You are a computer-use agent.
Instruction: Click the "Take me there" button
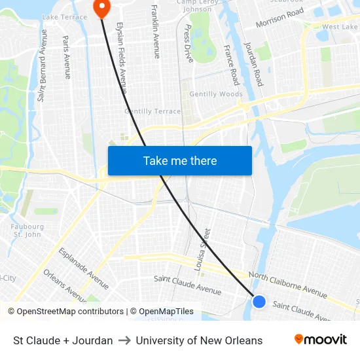click(x=180, y=160)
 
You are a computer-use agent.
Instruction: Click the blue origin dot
click(x=259, y=302)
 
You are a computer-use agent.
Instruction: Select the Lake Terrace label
click(x=64, y=16)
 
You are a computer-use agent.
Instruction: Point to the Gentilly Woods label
click(x=216, y=94)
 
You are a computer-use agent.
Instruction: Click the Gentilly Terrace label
click(x=153, y=111)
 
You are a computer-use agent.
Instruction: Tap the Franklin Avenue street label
click(x=156, y=31)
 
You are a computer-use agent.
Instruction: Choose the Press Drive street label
click(x=189, y=43)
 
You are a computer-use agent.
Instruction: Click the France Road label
click(x=231, y=65)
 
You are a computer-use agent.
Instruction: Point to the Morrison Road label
click(x=279, y=18)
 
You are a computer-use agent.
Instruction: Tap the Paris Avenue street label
click(x=67, y=57)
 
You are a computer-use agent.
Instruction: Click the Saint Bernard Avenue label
click(x=43, y=65)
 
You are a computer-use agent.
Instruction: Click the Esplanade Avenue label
click(x=84, y=268)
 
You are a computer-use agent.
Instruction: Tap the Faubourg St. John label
click(x=27, y=230)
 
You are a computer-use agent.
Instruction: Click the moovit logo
click(x=320, y=340)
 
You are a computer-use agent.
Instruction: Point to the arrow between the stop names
click(x=124, y=340)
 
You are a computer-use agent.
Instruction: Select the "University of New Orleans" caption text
click(x=199, y=340)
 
